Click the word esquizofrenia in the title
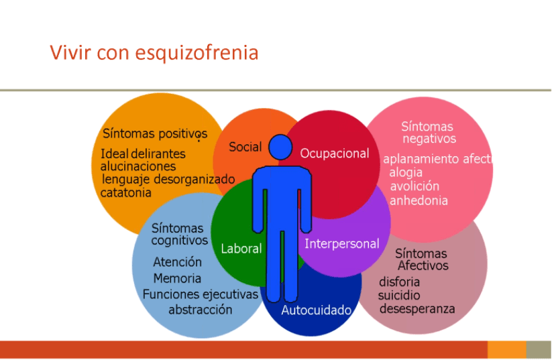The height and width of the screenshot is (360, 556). (197, 53)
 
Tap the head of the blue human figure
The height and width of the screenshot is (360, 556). (280, 147)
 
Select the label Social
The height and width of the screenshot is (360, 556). (245, 147)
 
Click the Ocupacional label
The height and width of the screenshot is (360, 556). (335, 154)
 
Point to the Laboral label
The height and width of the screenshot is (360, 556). (241, 249)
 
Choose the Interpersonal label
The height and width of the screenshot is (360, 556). (342, 244)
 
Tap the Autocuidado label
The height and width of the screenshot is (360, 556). (317, 310)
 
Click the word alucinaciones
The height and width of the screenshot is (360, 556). (138, 166)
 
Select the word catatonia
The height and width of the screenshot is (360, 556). (125, 193)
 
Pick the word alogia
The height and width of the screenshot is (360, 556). (406, 173)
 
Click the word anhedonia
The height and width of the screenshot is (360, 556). (419, 200)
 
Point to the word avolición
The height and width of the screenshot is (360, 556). (414, 186)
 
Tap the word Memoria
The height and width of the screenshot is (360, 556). (177, 278)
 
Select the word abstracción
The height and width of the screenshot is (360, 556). (201, 310)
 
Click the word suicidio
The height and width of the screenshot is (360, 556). (399, 295)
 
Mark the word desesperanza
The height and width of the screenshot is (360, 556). (417, 309)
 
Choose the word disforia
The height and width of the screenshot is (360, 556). (399, 282)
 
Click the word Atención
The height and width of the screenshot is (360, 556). (177, 262)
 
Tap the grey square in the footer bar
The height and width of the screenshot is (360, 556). (539, 350)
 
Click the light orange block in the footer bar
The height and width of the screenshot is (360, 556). (507, 350)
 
